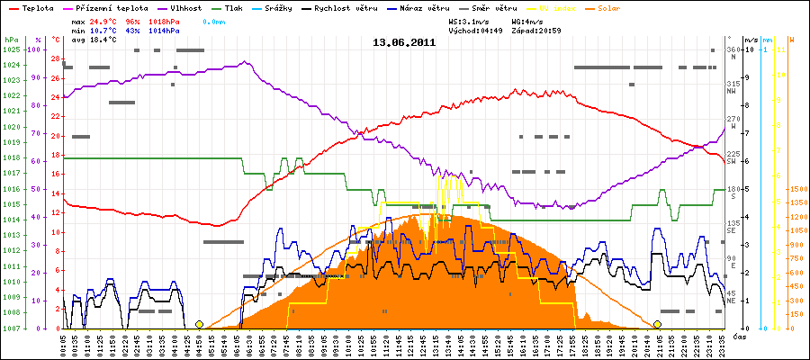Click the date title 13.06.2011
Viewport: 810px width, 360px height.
404,41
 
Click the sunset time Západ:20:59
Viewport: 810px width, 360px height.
536,30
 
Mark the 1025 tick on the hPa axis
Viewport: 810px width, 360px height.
11,49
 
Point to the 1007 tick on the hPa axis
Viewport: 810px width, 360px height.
11,328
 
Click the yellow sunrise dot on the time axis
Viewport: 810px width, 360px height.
199,324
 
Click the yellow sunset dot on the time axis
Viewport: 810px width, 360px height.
658,324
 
